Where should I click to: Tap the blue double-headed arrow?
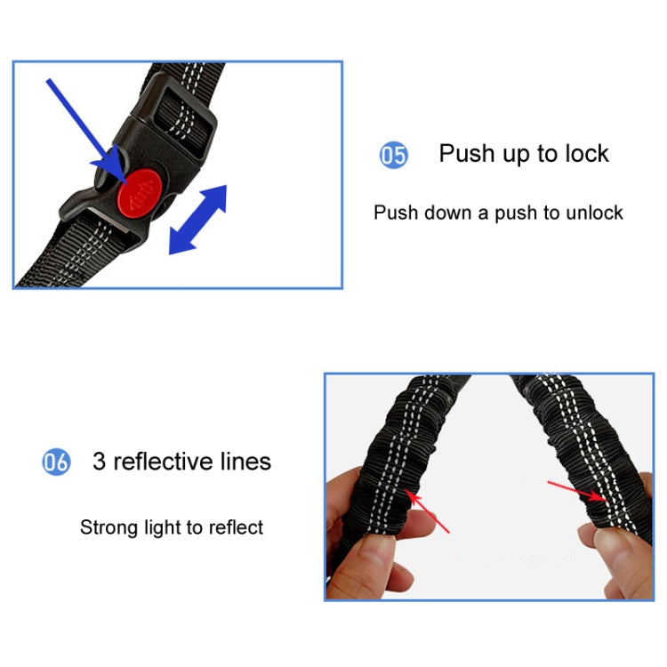(197, 220)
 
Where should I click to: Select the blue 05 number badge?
(393, 156)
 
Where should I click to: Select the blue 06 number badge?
(56, 462)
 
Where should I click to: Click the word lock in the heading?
(585, 154)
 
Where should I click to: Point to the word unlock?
(596, 213)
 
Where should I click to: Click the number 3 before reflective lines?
(99, 462)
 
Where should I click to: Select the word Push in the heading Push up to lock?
(466, 154)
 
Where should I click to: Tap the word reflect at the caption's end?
(236, 527)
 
